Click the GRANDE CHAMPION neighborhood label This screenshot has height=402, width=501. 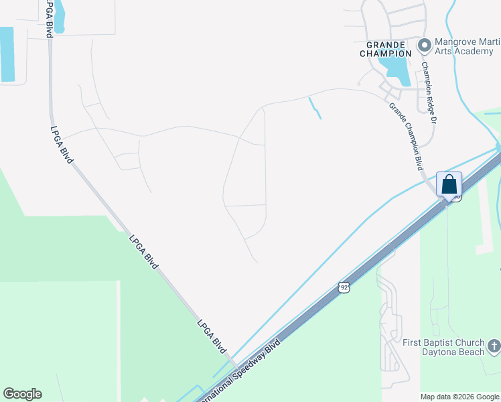385,48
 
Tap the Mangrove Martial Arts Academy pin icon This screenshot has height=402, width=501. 423,46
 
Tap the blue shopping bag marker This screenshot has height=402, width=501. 449,184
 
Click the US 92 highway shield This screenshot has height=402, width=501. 344,287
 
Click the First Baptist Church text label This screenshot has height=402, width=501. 442,342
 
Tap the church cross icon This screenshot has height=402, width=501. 494,346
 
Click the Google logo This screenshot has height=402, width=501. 22,394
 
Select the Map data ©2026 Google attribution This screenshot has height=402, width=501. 459,397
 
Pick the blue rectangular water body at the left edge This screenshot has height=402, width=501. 7,54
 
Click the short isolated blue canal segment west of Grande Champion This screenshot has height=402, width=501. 315,108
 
